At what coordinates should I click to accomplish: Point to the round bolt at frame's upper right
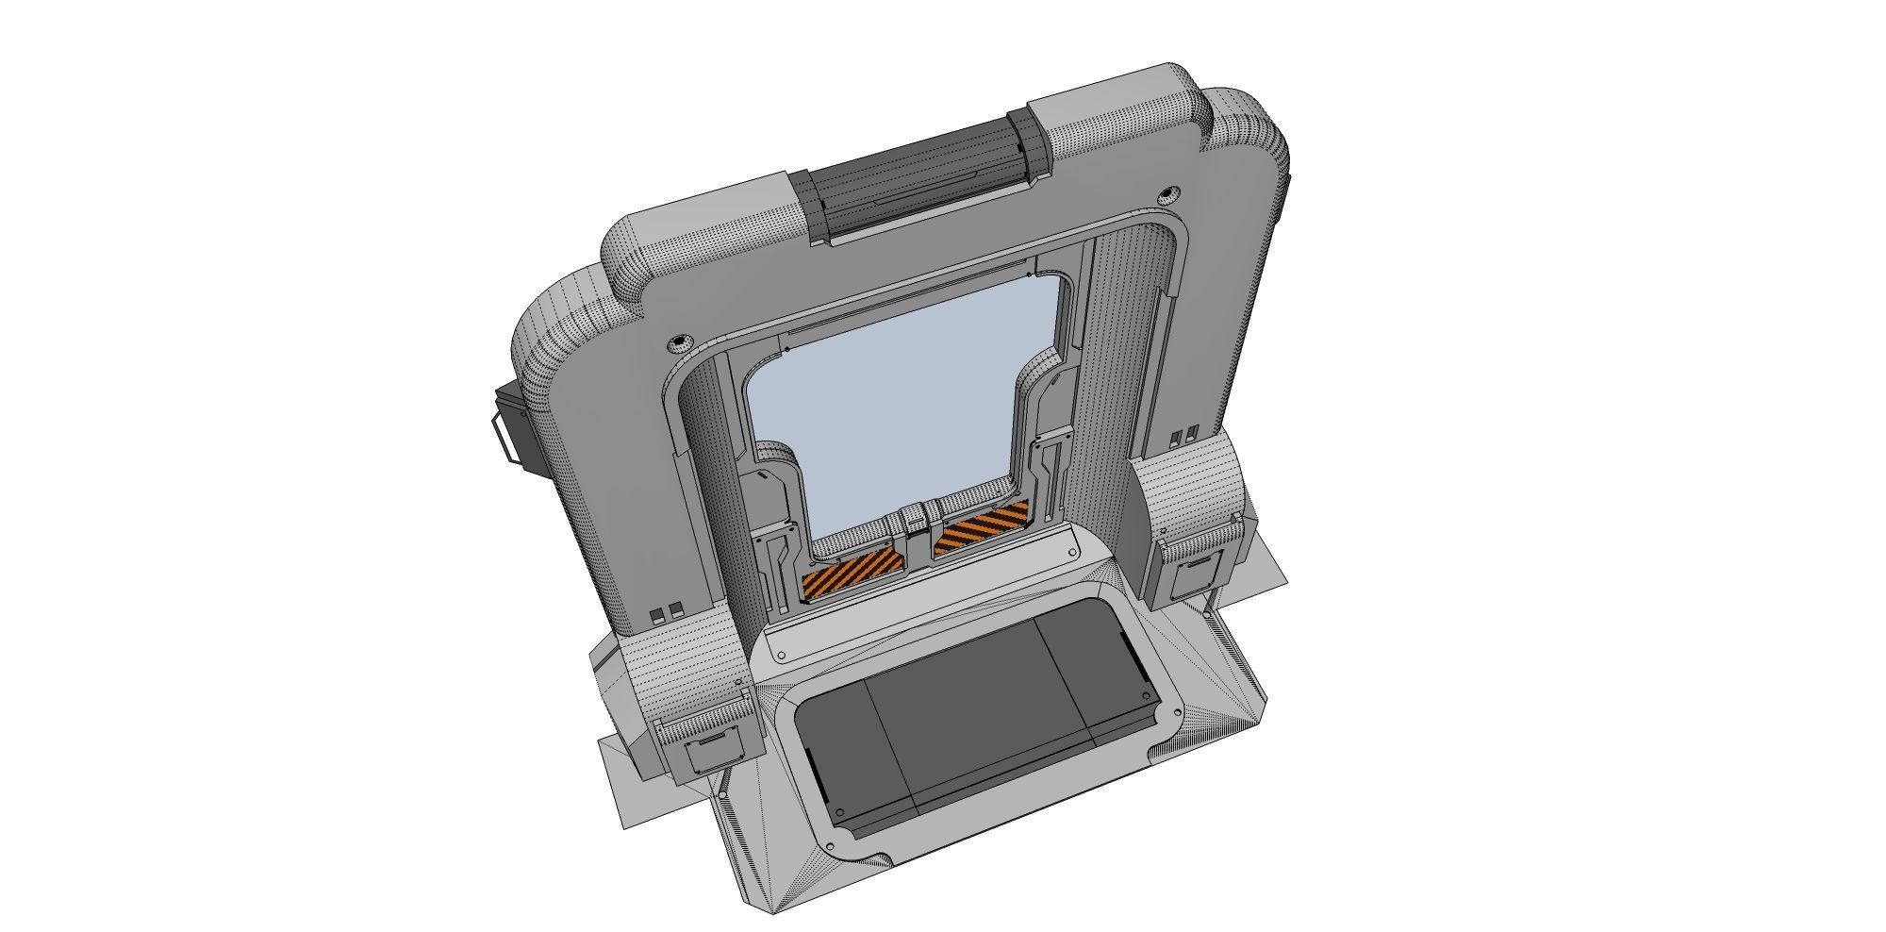point(1168,195)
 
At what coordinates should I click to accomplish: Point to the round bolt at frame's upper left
point(679,341)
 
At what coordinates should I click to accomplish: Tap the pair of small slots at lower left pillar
point(666,611)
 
